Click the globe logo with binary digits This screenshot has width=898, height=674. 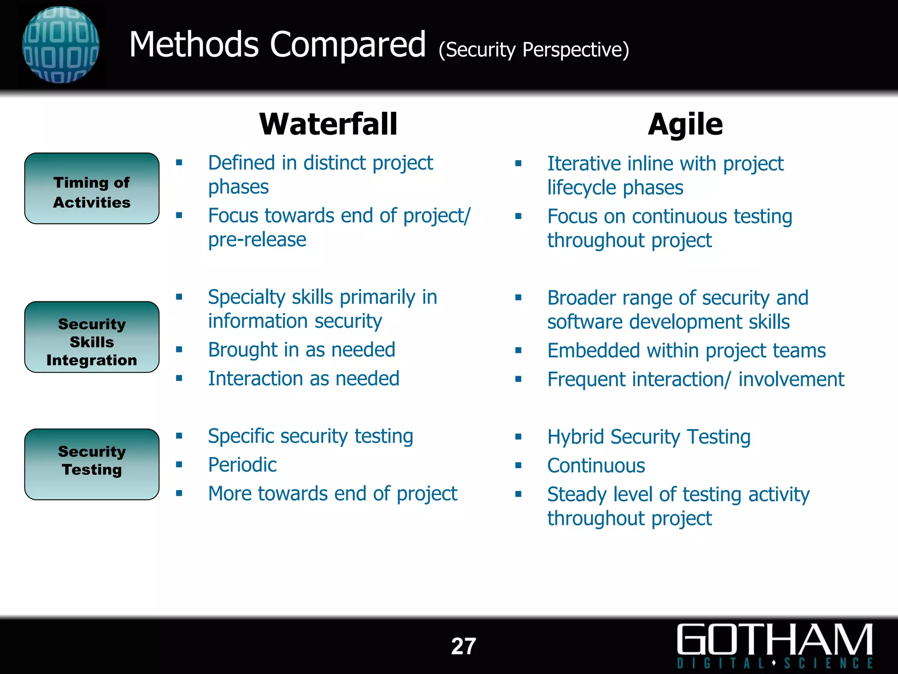[x=61, y=45]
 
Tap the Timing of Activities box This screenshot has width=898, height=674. [x=92, y=189]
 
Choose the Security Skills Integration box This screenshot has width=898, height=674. [x=92, y=337]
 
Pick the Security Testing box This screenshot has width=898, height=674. [x=92, y=464]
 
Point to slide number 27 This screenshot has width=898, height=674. [x=463, y=646]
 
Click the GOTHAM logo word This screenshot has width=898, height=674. [x=774, y=640]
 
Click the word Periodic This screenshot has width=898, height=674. [x=242, y=465]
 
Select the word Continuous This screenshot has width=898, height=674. [x=596, y=466]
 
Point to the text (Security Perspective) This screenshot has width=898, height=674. [x=534, y=50]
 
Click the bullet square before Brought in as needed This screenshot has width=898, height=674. [x=179, y=350]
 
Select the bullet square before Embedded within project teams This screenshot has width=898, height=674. [x=518, y=351]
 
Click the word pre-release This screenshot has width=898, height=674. [x=257, y=240]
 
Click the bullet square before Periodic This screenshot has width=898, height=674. [x=179, y=465]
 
